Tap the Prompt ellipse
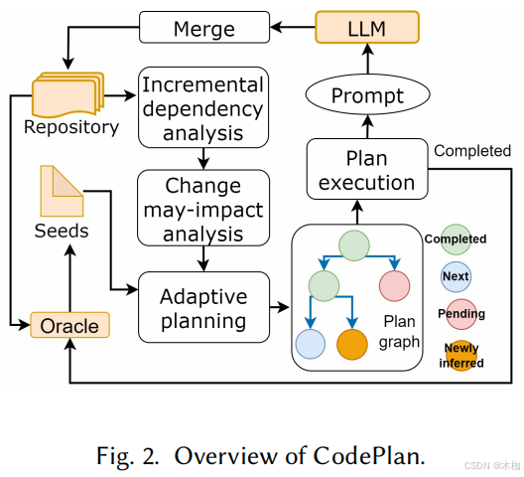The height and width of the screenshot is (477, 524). [x=367, y=96]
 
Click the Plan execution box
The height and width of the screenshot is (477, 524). [x=366, y=170]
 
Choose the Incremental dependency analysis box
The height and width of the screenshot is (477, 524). [x=202, y=107]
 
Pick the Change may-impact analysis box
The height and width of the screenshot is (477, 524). [x=202, y=207]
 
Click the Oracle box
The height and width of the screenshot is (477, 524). [x=69, y=325]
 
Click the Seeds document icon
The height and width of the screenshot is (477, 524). [x=62, y=190]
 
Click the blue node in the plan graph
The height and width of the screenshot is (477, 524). [x=311, y=344]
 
